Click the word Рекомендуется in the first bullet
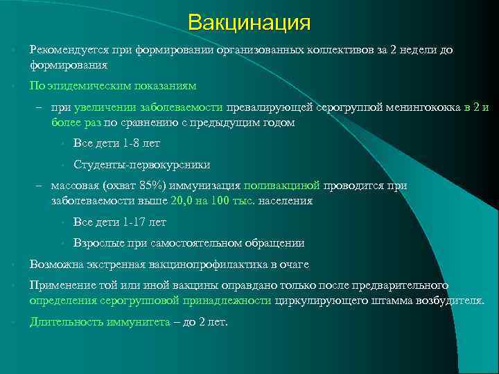coord(63,51)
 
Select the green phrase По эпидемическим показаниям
coord(113,86)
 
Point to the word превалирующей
coord(270,107)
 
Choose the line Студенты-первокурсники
coord(141,165)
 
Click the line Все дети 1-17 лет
coord(119,222)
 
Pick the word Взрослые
coord(98,244)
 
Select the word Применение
coord(60,285)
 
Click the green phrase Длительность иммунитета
coord(99,322)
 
